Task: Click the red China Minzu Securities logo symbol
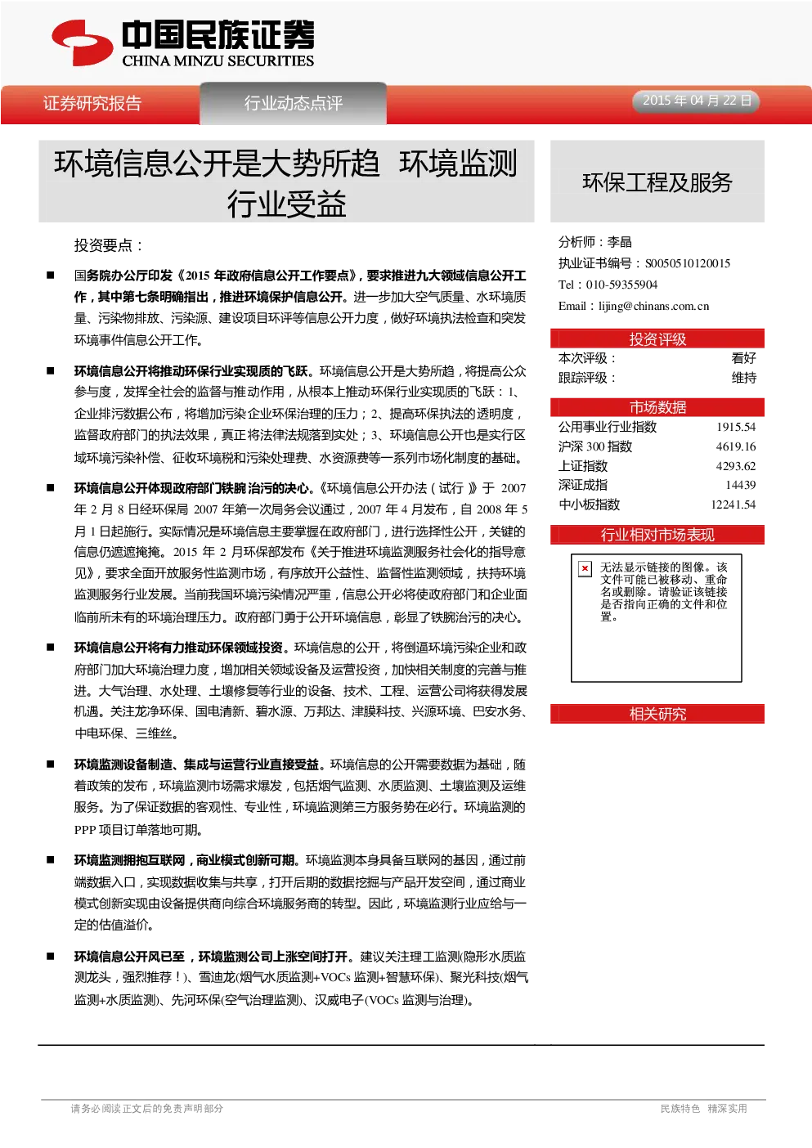point(82,43)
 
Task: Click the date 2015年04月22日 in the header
point(697,101)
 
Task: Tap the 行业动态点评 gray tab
point(294,103)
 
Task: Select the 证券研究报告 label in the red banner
point(92,104)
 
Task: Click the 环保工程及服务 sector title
point(657,182)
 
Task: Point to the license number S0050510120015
point(688,263)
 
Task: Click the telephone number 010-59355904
point(621,285)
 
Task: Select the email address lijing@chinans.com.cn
point(653,306)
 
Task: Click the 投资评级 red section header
point(657,339)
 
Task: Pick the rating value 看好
point(744,358)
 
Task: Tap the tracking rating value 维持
point(744,378)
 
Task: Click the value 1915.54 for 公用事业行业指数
point(736,427)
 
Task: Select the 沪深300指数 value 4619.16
point(736,446)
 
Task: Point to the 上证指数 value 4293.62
point(736,466)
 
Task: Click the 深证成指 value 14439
point(741,485)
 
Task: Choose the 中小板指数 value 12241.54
point(733,504)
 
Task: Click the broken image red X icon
point(585,568)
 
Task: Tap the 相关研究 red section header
point(657,714)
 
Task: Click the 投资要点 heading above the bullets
point(108,245)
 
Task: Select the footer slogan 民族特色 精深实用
point(703,1109)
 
